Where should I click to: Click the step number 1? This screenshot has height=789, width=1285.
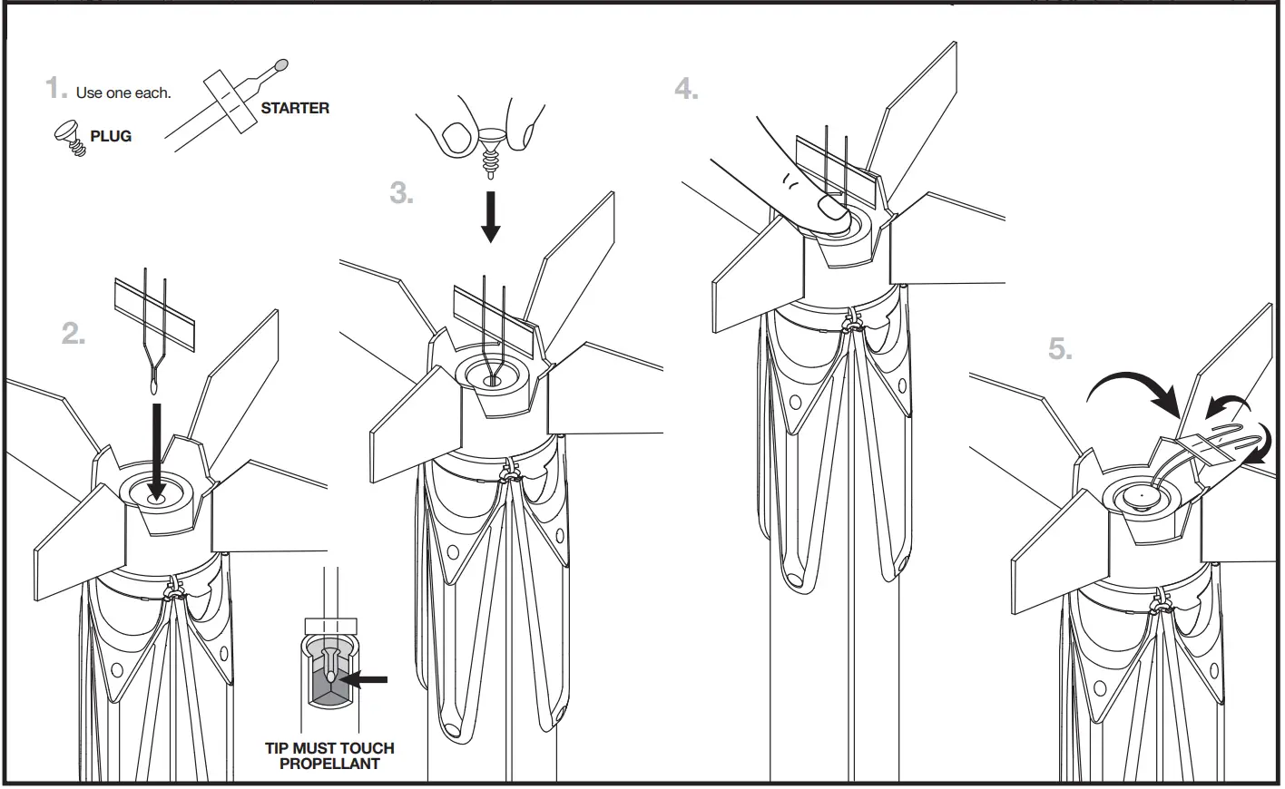pos(56,89)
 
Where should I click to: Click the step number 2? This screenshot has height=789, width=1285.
pos(74,335)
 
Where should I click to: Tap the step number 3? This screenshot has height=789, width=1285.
pos(401,193)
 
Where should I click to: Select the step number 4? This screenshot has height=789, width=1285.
pos(686,89)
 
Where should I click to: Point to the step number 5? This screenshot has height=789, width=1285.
pos(1060,349)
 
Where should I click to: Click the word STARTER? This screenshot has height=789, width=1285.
pos(295,108)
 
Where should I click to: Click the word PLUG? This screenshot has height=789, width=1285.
pos(111,136)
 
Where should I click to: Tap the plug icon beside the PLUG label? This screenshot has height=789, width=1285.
pos(70,137)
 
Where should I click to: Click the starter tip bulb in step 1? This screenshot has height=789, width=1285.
pos(280,65)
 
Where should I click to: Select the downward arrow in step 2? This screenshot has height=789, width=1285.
pos(157,450)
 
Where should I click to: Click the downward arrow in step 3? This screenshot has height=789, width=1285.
pos(490,217)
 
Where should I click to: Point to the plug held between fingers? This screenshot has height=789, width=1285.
pos(492,145)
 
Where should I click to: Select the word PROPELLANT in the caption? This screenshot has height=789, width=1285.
pos(329,764)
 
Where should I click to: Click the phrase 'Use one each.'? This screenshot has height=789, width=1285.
pos(123,93)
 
